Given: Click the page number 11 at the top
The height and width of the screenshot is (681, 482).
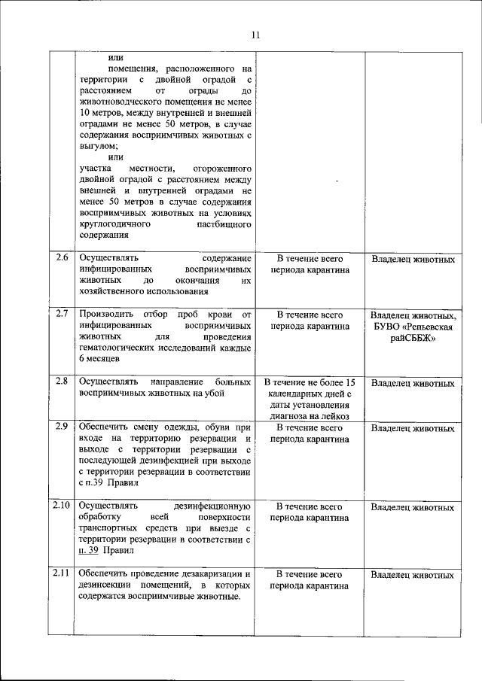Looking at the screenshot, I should pos(255,35).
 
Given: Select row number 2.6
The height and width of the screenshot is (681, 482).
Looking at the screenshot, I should pos(63,259).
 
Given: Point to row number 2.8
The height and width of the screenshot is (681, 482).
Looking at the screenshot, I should pos(63,381).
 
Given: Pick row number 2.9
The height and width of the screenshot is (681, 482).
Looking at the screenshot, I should pos(63,427).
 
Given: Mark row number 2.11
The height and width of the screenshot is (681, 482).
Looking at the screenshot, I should pos(63,573).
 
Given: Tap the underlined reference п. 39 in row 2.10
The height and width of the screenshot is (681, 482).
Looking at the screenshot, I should pos(91,551).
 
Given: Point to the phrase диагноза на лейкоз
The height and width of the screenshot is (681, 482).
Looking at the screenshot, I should pos(310,415).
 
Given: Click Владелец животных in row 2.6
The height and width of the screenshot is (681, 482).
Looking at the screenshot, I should pos(413,260).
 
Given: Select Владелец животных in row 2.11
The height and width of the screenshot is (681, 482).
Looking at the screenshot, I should pos(413,575).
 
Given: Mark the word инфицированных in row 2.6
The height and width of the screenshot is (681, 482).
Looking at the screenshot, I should pos(117,269).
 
